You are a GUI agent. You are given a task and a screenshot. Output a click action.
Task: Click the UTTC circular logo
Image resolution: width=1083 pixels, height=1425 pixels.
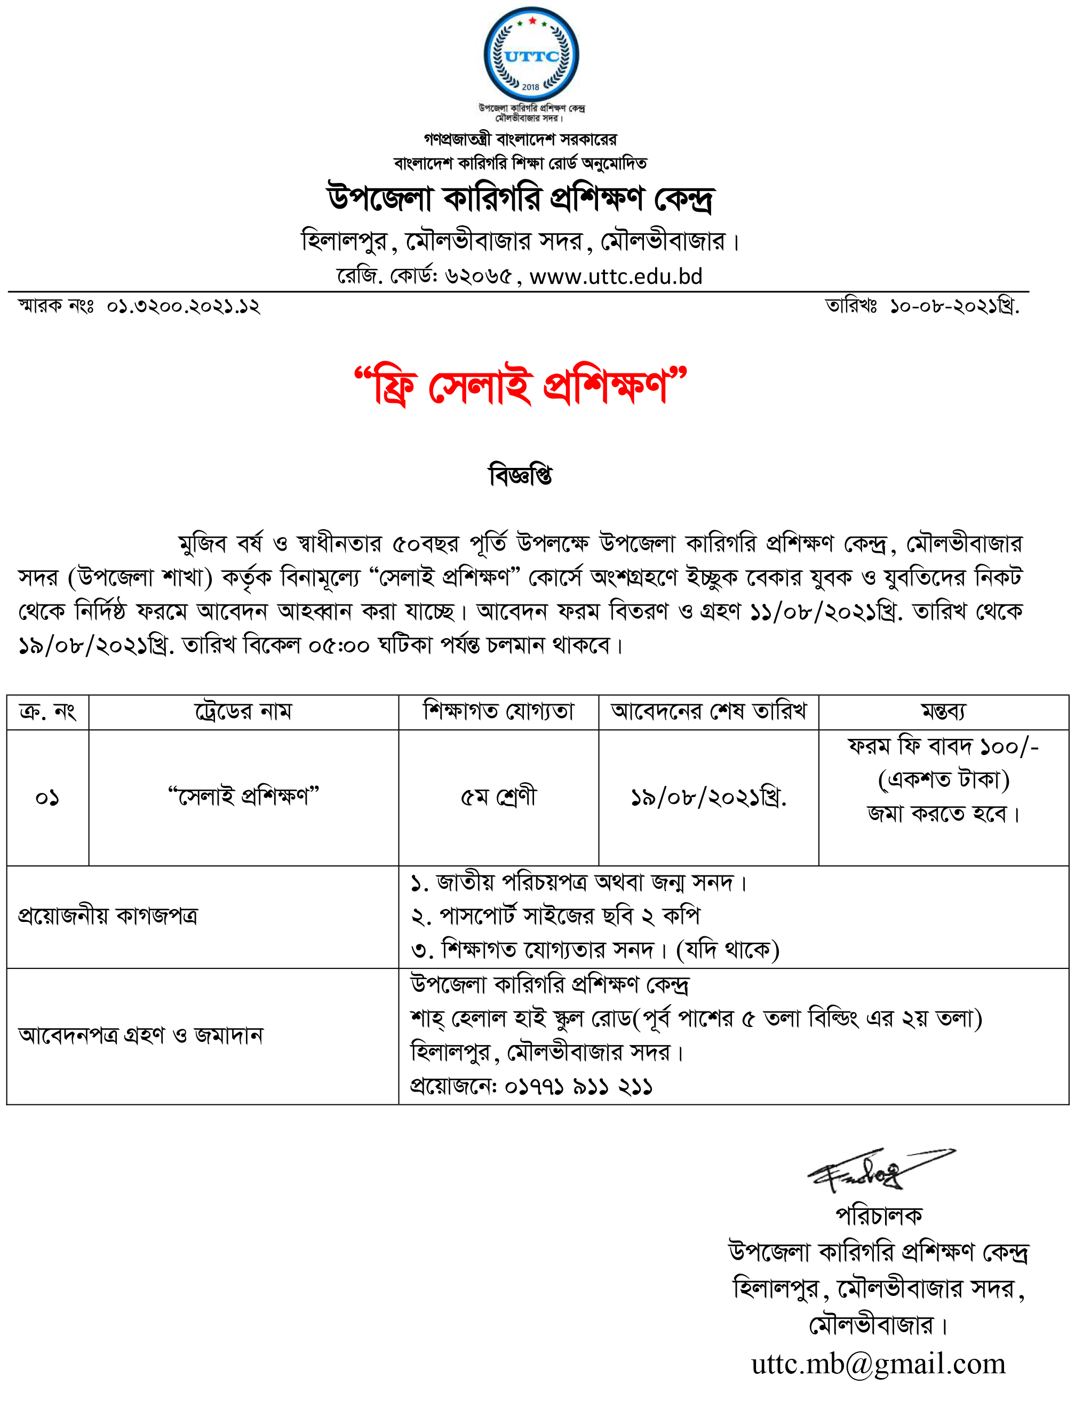tap(531, 55)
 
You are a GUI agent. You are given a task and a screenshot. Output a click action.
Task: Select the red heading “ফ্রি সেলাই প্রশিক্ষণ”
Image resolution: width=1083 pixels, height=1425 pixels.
tap(521, 387)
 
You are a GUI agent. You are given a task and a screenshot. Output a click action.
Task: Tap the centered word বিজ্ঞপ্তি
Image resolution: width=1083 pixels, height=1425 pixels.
tap(521, 476)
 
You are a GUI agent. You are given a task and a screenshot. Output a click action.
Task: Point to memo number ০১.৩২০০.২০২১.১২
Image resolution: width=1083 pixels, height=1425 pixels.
tap(183, 306)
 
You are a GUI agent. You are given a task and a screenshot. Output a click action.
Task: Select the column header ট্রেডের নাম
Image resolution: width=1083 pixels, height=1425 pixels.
tap(244, 712)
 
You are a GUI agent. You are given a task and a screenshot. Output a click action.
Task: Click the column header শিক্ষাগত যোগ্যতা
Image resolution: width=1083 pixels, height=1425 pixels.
tap(498, 712)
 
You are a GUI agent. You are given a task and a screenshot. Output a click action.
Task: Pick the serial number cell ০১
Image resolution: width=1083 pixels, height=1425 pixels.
tap(47, 798)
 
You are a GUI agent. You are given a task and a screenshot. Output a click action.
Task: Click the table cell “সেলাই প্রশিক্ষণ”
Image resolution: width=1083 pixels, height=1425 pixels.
tap(244, 797)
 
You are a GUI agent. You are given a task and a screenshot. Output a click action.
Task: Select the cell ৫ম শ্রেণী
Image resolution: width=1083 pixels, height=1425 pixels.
tap(498, 797)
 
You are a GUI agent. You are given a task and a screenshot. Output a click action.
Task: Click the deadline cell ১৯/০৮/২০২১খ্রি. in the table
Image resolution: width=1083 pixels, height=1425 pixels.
tap(708, 798)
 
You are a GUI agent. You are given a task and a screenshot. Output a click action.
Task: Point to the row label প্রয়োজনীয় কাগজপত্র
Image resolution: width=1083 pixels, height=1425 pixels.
tap(108, 916)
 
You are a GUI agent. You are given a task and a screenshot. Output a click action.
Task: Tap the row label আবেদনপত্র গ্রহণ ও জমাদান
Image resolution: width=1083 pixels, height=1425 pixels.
tap(140, 1035)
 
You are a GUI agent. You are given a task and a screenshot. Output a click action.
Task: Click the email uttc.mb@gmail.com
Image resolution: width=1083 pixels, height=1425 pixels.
tap(879, 1364)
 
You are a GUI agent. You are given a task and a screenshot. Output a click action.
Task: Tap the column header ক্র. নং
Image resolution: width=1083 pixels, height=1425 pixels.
tap(47, 712)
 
